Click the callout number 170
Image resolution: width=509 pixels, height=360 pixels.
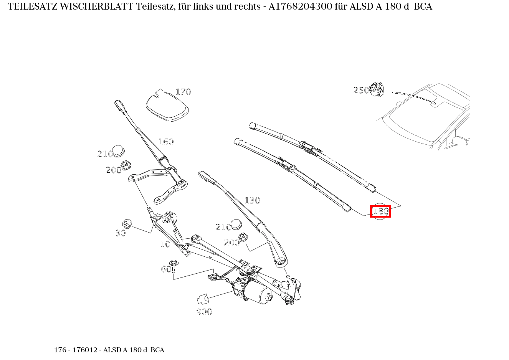[x=183, y=92]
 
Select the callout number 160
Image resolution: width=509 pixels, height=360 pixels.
[x=166, y=142]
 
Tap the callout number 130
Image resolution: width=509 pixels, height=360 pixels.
[x=252, y=200]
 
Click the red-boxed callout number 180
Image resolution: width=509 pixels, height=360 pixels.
[x=380, y=211]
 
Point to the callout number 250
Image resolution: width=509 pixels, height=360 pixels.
[x=361, y=90]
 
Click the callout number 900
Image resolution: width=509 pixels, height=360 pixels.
[x=204, y=312]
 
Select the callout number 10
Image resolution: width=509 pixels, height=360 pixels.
[x=165, y=244]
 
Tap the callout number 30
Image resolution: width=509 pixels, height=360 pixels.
[x=121, y=233]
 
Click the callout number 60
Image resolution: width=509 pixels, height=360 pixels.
[x=166, y=269]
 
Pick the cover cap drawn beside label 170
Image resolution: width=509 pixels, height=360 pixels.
[x=167, y=106]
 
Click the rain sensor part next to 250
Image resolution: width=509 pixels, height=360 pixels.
[x=377, y=89]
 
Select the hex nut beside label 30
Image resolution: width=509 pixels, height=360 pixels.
[x=127, y=223]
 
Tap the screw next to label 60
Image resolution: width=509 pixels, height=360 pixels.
[x=174, y=266]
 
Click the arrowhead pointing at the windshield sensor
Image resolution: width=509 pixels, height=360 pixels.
[x=435, y=102]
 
